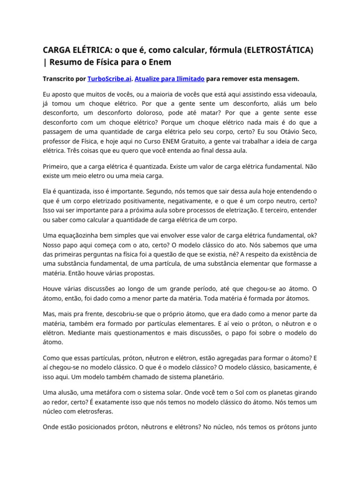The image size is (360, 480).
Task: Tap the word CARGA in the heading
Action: tap(57, 50)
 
